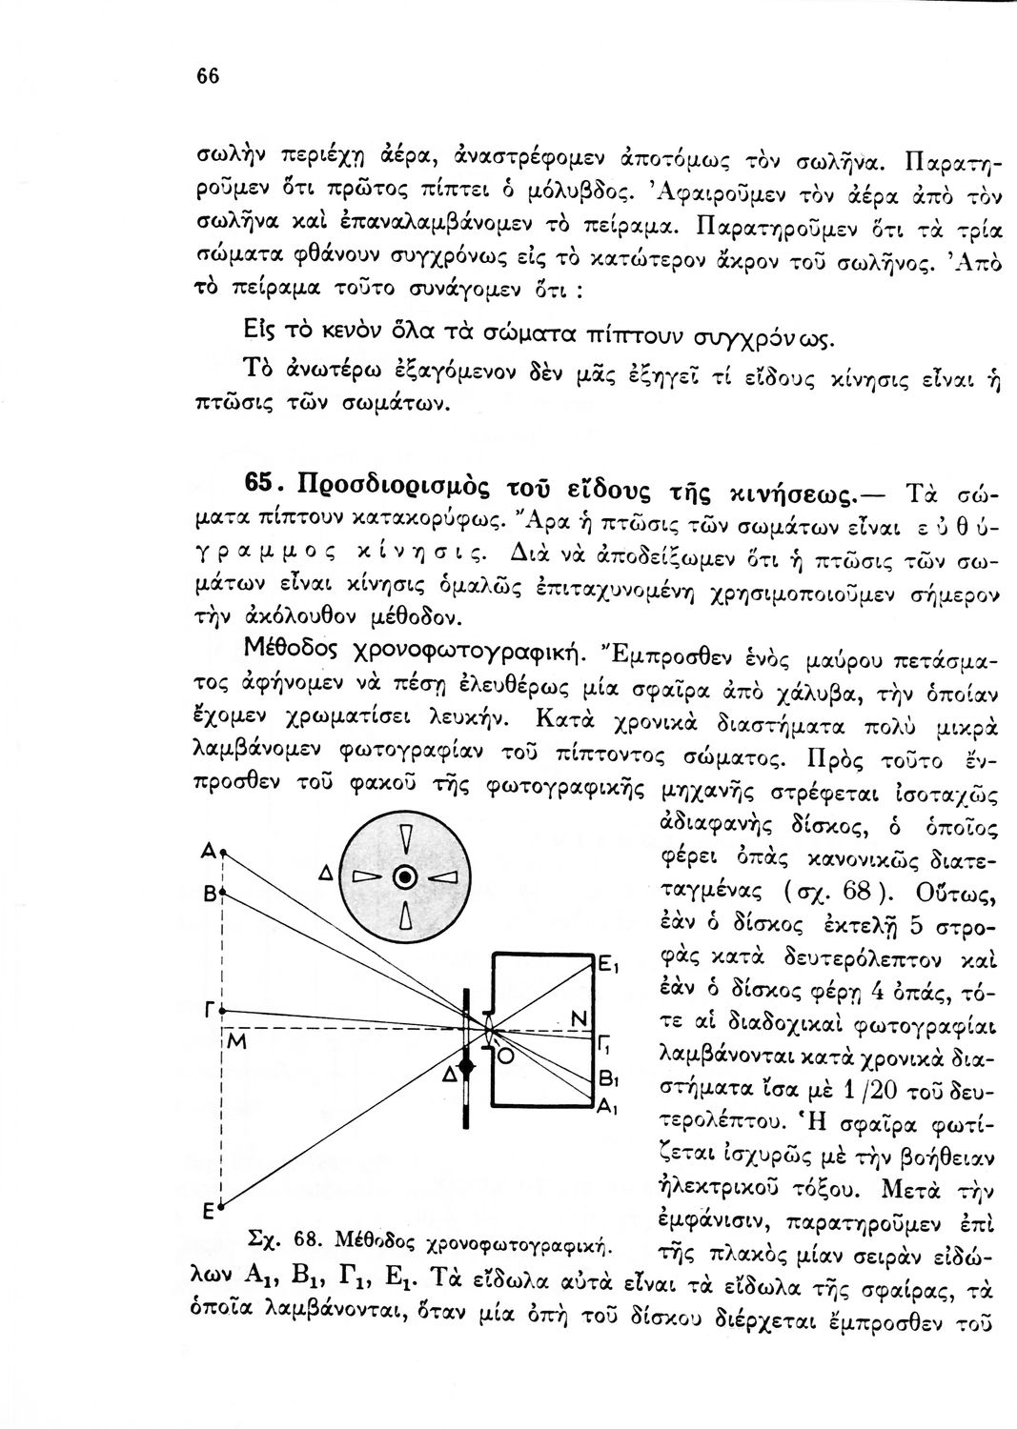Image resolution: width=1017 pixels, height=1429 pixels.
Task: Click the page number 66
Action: point(209,77)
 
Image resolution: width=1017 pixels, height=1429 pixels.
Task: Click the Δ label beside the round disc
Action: point(324,875)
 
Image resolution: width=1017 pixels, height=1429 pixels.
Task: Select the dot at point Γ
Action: point(221,1009)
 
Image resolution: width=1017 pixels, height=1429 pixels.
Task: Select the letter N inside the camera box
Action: point(576,1019)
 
